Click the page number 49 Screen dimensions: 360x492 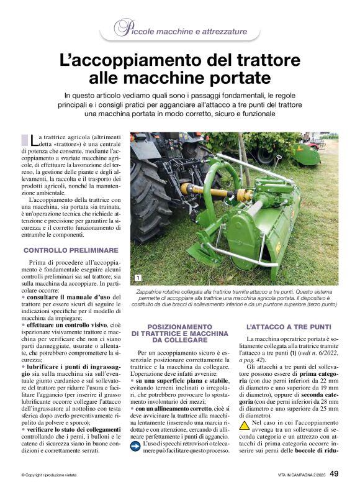point(334,474)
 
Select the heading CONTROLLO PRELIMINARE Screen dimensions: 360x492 point(71,250)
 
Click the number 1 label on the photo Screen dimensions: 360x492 point(137,278)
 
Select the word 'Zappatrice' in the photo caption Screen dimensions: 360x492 point(151,291)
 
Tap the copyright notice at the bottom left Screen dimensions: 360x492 point(49,475)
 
